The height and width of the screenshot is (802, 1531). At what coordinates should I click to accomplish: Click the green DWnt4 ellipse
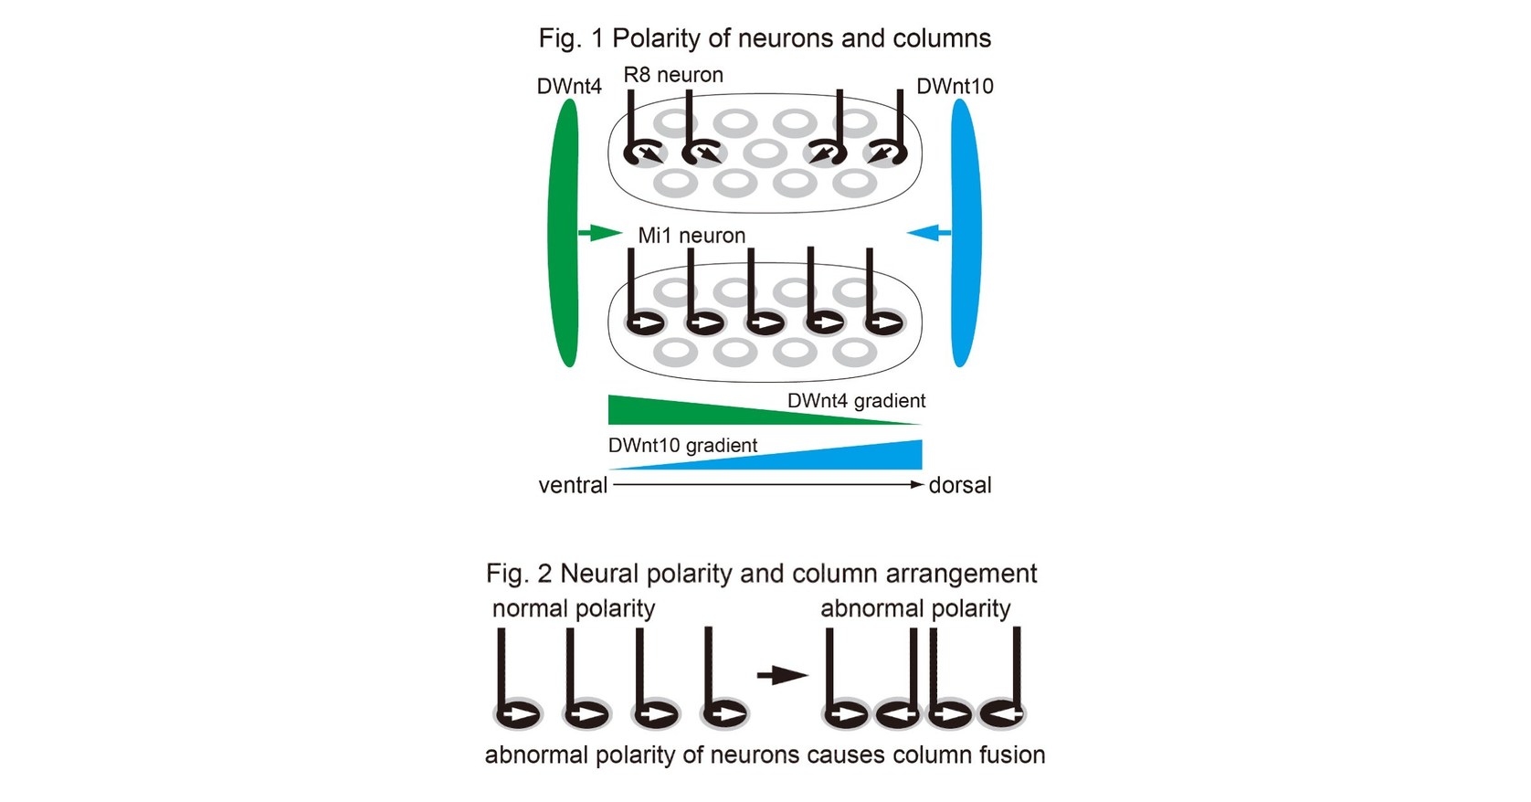564,233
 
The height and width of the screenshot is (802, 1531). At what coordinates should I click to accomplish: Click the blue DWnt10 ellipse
965,233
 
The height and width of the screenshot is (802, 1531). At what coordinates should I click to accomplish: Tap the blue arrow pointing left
929,234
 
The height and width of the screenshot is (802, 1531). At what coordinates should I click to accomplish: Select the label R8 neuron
673,75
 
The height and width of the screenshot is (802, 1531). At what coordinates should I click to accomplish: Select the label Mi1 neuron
692,236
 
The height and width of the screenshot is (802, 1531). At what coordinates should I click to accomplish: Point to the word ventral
573,485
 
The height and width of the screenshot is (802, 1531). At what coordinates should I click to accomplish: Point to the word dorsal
959,485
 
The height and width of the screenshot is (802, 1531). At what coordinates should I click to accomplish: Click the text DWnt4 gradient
856,401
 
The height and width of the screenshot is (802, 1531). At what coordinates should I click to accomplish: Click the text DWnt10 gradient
682,446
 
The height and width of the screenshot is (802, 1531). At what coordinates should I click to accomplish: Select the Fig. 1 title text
765,38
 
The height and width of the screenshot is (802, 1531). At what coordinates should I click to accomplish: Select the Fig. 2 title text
761,574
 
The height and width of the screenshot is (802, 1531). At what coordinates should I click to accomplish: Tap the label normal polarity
574,608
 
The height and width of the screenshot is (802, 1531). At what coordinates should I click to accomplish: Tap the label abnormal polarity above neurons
915,608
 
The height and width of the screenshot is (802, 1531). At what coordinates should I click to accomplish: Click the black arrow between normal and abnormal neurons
782,676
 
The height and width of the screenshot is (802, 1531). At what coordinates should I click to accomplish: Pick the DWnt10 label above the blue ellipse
955,87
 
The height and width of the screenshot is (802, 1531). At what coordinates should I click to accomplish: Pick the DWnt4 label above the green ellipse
569,87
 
